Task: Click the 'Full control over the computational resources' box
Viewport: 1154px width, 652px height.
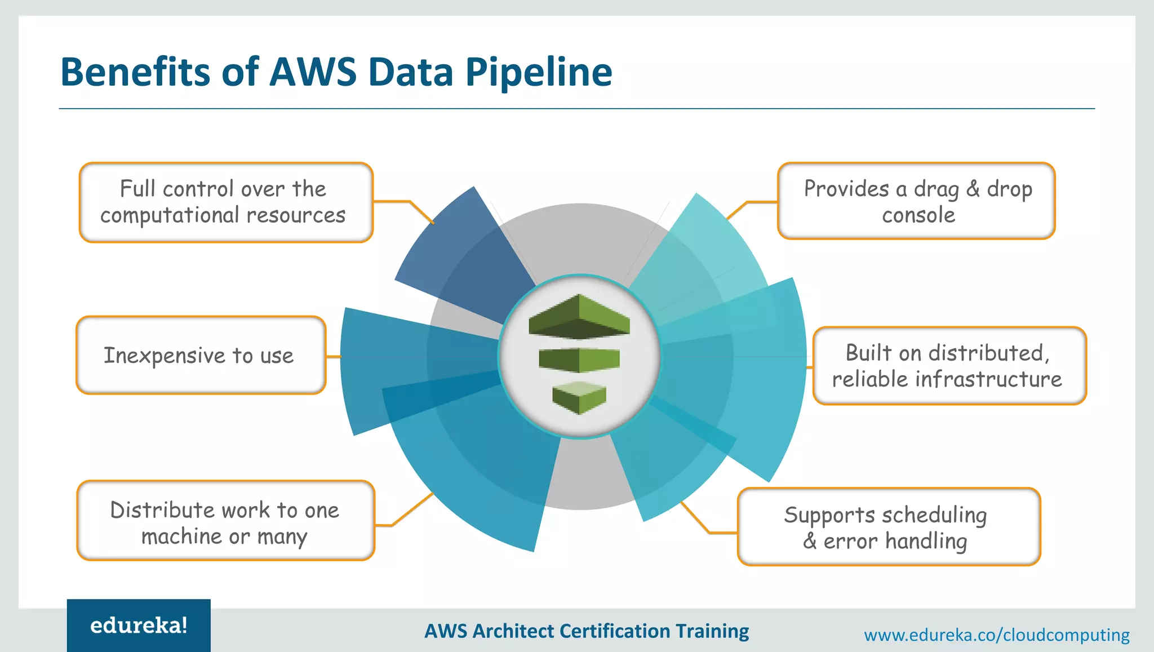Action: click(226, 202)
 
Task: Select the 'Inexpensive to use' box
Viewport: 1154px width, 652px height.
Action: click(201, 355)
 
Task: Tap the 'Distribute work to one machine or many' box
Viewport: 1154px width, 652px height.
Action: click(225, 521)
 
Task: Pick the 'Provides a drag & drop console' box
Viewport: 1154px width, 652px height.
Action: click(916, 201)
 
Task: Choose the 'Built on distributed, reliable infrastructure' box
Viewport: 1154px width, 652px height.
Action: click(949, 366)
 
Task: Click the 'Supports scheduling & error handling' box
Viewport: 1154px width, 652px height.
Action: click(888, 527)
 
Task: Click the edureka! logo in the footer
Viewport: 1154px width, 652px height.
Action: click(139, 625)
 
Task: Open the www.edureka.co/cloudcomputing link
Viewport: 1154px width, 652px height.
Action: click(996, 635)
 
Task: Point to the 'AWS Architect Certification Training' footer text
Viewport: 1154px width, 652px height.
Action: click(587, 631)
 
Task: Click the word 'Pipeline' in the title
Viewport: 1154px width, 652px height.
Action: click(539, 73)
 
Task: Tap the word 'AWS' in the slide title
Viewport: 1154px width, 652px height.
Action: click(313, 73)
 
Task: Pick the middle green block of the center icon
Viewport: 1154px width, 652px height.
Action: click(579, 360)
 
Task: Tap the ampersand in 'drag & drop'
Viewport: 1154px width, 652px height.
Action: click(973, 189)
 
